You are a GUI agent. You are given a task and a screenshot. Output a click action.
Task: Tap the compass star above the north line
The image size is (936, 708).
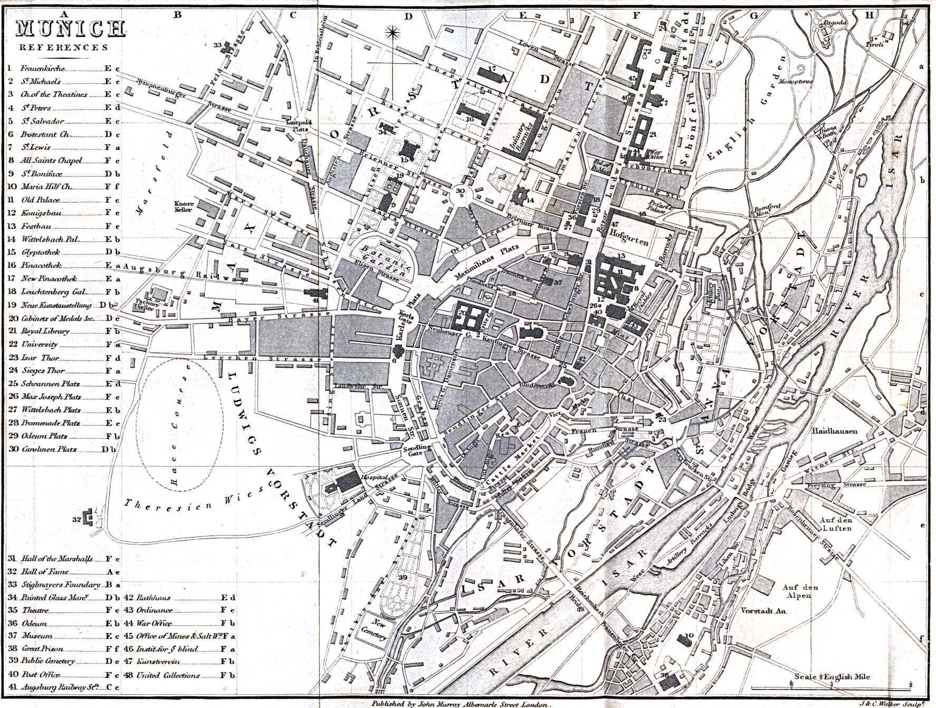pyautogui.click(x=391, y=34)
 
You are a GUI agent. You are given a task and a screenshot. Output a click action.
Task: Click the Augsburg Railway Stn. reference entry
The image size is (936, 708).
pyautogui.click(x=61, y=687)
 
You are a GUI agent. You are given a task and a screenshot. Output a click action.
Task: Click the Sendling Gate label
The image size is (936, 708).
pyautogui.click(x=417, y=450)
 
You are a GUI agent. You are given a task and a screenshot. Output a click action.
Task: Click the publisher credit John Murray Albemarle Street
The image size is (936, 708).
pyautogui.click(x=462, y=704)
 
